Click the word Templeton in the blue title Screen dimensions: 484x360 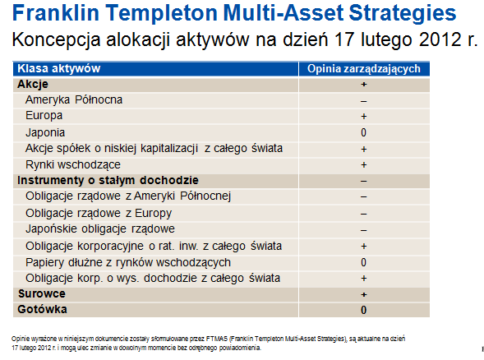point(161,14)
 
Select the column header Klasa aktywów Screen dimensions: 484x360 point(59,68)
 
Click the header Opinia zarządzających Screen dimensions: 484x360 point(364,69)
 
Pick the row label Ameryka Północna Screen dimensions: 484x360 point(74,99)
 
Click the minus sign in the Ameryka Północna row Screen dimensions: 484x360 point(364,101)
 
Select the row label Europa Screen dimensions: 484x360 point(44,115)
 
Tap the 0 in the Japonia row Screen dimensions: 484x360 point(364,132)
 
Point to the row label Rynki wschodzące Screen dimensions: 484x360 point(73,164)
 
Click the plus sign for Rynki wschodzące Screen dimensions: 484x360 point(364,165)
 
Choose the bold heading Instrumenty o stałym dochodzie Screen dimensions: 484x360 point(108,180)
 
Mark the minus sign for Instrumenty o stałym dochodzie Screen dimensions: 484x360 point(364,182)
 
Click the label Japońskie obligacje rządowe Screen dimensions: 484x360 point(100,228)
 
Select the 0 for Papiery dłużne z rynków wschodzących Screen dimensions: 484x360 point(364,262)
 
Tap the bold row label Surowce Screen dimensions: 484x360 point(42,293)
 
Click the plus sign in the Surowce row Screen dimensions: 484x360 point(364,294)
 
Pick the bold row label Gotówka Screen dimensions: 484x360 point(42,309)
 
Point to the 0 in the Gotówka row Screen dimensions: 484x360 point(364,310)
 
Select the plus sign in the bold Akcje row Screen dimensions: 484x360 point(364,85)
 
